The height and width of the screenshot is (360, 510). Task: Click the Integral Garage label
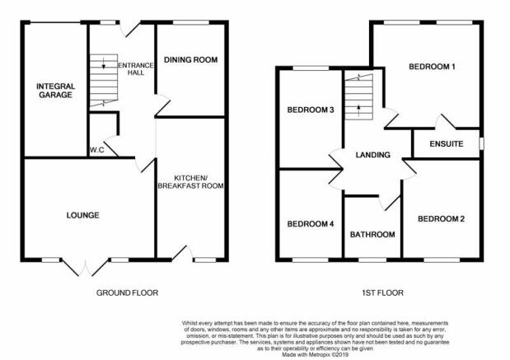56,91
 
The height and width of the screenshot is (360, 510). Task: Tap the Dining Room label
191,60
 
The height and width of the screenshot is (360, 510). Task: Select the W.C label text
97,150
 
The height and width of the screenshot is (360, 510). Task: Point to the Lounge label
83,215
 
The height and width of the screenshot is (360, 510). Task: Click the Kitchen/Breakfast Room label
190,182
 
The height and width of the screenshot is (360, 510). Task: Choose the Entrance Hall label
136,69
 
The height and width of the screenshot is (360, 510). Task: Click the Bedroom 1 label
432,67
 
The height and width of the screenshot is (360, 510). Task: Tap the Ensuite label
447,143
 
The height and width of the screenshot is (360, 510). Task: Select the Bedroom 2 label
441,219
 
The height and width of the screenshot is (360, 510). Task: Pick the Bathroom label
372,235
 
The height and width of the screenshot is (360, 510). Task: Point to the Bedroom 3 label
311,110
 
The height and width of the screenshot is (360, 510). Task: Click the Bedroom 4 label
311,224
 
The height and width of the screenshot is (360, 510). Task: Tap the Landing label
372,155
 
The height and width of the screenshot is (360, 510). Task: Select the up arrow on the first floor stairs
358,110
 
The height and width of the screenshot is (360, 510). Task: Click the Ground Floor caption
127,293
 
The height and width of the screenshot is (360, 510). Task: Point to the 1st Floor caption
382,293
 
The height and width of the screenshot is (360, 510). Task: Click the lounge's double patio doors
85,267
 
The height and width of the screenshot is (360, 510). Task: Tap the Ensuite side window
481,143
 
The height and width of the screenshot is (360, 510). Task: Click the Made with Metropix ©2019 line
316,355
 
